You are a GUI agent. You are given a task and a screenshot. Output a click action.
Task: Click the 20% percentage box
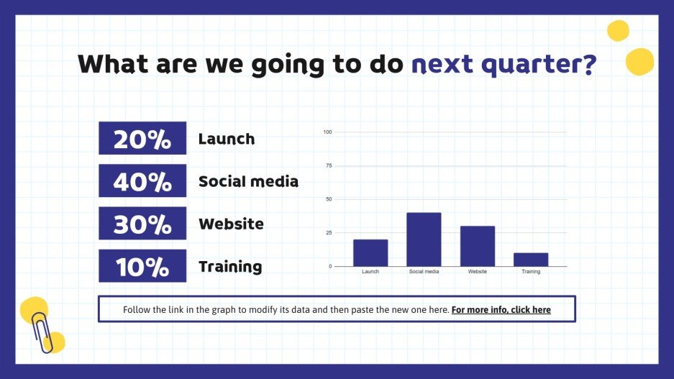pos(142,138)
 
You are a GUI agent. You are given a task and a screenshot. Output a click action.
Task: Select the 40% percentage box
pos(142,181)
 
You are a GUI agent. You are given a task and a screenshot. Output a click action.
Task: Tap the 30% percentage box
pos(142,223)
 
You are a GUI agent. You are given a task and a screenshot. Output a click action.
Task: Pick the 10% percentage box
pos(142,265)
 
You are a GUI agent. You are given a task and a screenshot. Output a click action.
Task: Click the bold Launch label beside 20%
pos(227,139)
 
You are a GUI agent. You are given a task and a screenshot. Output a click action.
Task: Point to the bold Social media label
pos(248,181)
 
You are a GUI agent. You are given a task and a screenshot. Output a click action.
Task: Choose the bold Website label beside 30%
pos(231,224)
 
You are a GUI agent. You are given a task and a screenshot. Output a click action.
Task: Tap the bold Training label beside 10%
pos(230,267)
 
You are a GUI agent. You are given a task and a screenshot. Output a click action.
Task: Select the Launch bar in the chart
pos(370,253)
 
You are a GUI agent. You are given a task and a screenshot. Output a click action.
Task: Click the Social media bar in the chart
pos(424,239)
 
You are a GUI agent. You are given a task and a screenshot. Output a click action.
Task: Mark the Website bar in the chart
pos(478,246)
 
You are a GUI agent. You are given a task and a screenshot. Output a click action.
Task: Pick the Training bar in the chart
pos(531,260)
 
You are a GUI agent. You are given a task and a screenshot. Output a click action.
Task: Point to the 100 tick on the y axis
pos(327,132)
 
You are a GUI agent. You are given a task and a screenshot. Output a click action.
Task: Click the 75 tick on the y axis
pos(329,165)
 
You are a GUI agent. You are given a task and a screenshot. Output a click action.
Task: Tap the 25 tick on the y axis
pos(329,232)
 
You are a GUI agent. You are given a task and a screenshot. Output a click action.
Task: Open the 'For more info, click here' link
pos(501,310)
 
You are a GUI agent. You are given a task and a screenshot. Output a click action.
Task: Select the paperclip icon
pos(42,332)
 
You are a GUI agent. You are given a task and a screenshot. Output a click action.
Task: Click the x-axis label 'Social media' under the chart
pos(424,272)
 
